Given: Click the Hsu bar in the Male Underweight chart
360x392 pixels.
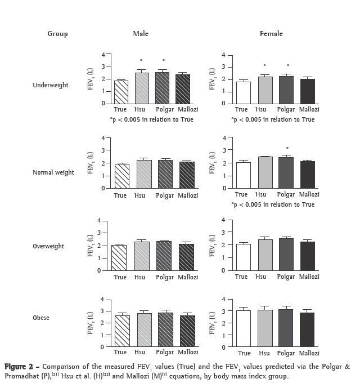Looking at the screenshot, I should click(141, 88).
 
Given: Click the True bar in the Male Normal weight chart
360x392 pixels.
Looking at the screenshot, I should click(120, 176).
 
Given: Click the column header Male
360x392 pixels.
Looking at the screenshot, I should click(141, 34).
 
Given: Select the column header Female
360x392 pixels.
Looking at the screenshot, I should click(271, 34).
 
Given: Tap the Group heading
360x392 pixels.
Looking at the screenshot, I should click(57, 34).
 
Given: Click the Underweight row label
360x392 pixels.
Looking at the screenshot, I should click(51, 85).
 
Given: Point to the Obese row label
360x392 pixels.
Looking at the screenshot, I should click(41, 318).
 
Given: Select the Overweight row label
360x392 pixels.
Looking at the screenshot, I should click(48, 246).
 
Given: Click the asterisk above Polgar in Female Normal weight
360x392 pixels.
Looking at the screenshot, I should click(287, 149).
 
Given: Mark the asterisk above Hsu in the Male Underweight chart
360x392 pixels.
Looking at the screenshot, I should click(141, 60).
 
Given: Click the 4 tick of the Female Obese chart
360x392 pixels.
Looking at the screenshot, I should click(223, 299).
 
